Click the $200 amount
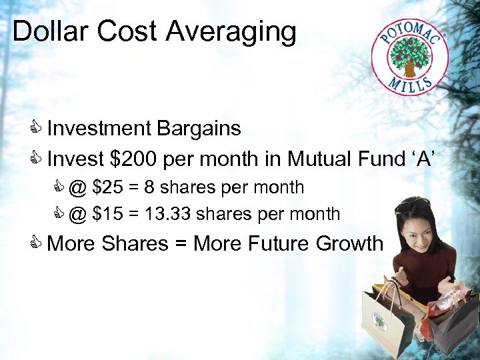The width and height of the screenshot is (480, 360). tap(135, 159)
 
